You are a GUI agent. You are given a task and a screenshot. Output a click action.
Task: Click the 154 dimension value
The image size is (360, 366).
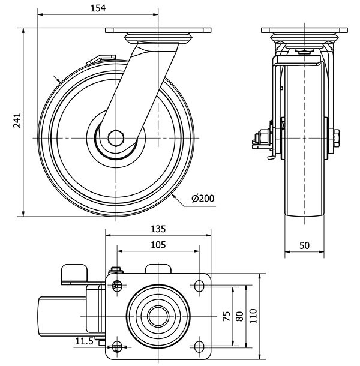pyautogui.click(x=98, y=8)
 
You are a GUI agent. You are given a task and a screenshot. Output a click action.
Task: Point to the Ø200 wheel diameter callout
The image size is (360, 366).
pyautogui.click(x=202, y=199)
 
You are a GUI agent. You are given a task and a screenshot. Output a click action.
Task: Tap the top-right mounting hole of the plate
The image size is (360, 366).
pyautogui.click(x=199, y=285)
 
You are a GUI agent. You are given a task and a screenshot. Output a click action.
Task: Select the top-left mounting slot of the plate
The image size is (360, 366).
pyautogui.click(x=117, y=285)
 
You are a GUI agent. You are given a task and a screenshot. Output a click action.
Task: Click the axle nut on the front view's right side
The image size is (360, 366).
pyautogui.click(x=335, y=138)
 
